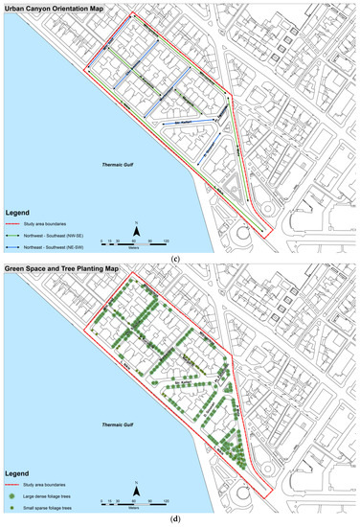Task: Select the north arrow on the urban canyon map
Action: click(x=137, y=230)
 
